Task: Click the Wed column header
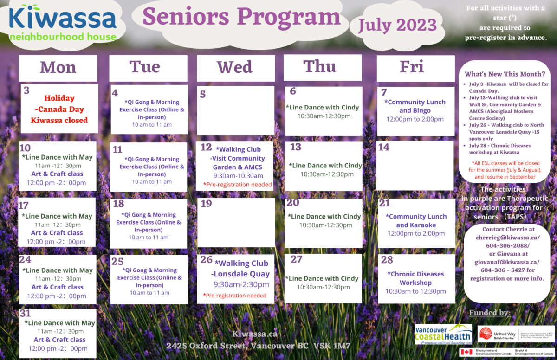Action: click(x=235, y=67)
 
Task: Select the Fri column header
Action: click(x=412, y=66)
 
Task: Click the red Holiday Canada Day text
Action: click(x=59, y=109)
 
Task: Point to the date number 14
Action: click(x=384, y=147)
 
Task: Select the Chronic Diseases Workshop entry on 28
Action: click(x=416, y=278)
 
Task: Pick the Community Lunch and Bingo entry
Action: click(x=416, y=106)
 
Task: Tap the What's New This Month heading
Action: click(x=505, y=74)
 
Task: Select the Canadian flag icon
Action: click(x=466, y=353)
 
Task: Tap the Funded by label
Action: click(x=490, y=312)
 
